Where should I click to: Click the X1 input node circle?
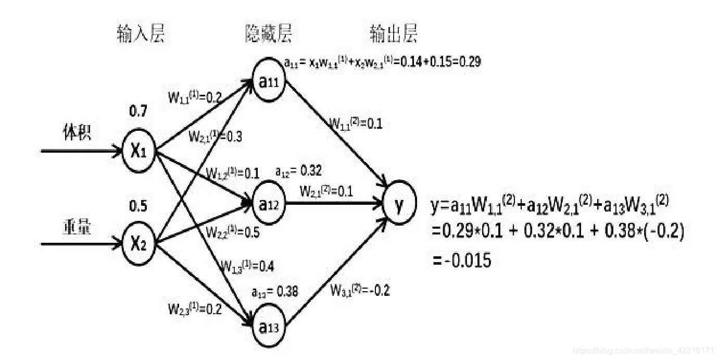point(138,152)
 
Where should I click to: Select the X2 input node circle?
point(138,244)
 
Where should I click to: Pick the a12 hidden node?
point(269,205)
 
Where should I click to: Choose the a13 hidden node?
point(269,327)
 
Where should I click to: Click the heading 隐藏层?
point(269,34)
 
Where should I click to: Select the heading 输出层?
point(394,34)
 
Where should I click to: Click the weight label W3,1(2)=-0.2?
point(360,291)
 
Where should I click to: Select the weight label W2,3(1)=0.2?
point(194,309)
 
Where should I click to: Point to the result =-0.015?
point(461,259)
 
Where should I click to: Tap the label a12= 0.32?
point(298,170)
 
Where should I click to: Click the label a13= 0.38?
point(274,292)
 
